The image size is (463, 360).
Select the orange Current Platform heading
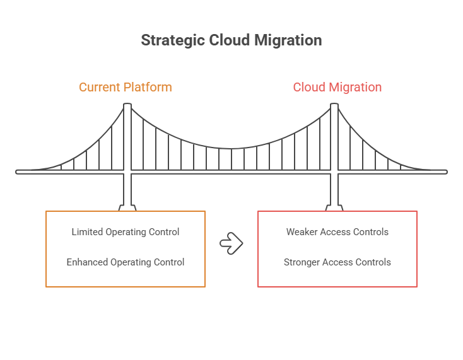tap(126, 87)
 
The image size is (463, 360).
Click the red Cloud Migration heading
tap(337, 87)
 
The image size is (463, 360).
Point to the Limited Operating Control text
tap(126, 232)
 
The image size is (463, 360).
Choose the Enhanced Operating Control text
tap(126, 262)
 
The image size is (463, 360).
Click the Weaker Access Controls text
tap(337, 232)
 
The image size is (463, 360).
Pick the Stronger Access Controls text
tap(337, 262)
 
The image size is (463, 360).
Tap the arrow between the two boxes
tap(232, 243)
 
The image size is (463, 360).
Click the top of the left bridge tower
tap(127, 105)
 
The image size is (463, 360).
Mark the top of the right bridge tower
tap(334, 105)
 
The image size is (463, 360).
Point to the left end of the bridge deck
tap(18, 171)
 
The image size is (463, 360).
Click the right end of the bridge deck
tap(445, 171)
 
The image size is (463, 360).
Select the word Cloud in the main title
tap(227, 40)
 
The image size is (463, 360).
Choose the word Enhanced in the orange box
tap(87, 262)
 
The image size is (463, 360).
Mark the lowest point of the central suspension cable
tap(231, 149)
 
